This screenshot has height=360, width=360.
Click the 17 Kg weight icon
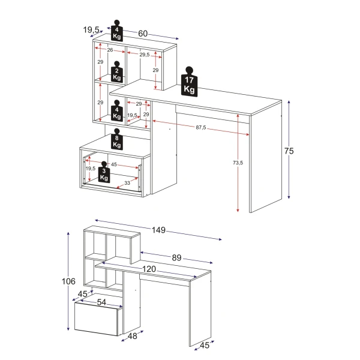click(189, 83)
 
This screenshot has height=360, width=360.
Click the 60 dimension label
click(143, 34)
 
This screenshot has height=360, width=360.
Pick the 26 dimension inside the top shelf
click(110, 50)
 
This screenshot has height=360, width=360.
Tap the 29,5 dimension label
click(145, 55)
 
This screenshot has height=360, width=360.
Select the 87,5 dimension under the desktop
click(200, 127)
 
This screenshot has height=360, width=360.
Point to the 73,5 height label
click(238, 163)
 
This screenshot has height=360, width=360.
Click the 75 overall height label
click(289, 151)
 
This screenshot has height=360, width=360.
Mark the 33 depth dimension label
click(127, 183)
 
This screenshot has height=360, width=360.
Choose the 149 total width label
click(158, 230)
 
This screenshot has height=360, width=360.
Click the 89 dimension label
click(176, 257)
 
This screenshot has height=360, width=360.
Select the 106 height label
click(68, 281)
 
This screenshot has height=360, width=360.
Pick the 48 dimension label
click(133, 336)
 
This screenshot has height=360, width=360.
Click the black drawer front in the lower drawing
click(97, 319)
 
